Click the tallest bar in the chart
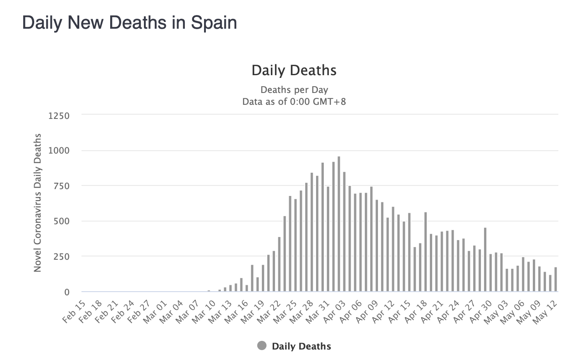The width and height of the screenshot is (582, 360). pyautogui.click(x=339, y=224)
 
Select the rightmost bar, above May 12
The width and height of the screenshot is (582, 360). pyautogui.click(x=556, y=279)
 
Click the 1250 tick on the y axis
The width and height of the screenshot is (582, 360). pyautogui.click(x=59, y=116)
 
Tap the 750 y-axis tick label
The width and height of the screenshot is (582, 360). pyautogui.click(x=61, y=186)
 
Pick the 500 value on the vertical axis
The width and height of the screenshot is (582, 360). pyautogui.click(x=61, y=221)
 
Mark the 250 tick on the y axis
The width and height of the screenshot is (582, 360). pyautogui.click(x=61, y=257)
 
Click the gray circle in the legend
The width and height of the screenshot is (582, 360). pyautogui.click(x=261, y=346)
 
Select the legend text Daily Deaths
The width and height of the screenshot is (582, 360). pyautogui.click(x=301, y=346)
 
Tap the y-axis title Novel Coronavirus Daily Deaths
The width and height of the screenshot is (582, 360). pyautogui.click(x=38, y=203)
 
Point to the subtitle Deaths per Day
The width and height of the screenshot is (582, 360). pyautogui.click(x=294, y=90)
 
